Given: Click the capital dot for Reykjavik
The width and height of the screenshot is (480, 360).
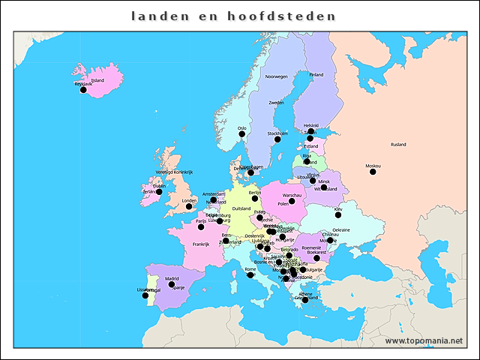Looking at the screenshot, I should pyautogui.click(x=83, y=90).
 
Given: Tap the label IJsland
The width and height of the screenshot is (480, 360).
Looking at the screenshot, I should pyautogui.click(x=97, y=80).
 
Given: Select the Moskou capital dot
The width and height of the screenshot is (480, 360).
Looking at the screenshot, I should pyautogui.click(x=373, y=172).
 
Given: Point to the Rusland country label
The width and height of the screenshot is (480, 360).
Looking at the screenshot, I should pyautogui.click(x=397, y=144).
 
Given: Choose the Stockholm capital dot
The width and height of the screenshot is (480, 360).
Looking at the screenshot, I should pyautogui.click(x=277, y=139).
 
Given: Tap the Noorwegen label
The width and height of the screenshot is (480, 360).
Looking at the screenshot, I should pyautogui.click(x=276, y=76).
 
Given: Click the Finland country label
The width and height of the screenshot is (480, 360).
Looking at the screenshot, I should pyautogui.click(x=316, y=74).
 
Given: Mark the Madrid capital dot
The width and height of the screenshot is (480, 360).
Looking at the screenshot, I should pyautogui.click(x=172, y=284).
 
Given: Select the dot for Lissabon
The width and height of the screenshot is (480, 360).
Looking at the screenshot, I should pyautogui.click(x=145, y=295).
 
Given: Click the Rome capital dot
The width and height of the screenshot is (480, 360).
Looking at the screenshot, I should pyautogui.click(x=250, y=274).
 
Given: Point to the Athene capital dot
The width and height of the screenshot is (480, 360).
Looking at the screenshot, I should pyautogui.click(x=305, y=300).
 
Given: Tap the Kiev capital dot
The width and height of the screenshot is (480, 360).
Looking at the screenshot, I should pyautogui.click(x=338, y=215).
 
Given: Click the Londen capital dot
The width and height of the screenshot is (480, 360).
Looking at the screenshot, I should pyautogui.click(x=189, y=206).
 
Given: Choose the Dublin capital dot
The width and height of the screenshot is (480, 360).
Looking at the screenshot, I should pyautogui.click(x=159, y=192).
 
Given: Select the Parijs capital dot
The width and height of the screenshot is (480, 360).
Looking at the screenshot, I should pyautogui.click(x=200, y=226).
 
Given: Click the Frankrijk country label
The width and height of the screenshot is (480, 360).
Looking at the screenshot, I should pyautogui.click(x=201, y=244).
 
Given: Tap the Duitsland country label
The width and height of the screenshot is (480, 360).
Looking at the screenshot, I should pyautogui.click(x=241, y=208).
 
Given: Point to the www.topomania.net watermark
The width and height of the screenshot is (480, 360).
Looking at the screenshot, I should pyautogui.click(x=424, y=340).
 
